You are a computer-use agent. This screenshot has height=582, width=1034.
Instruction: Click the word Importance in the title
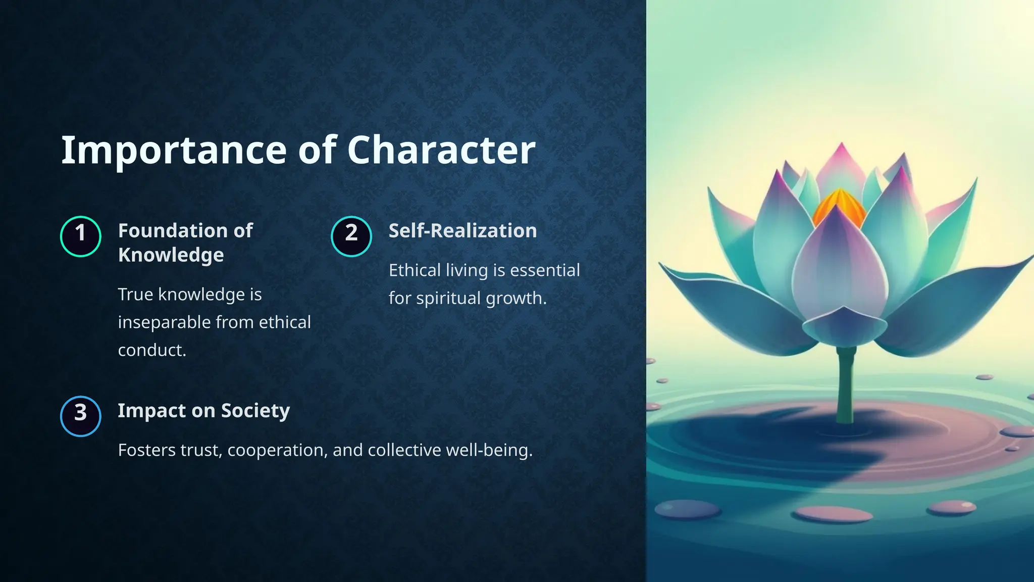(x=174, y=150)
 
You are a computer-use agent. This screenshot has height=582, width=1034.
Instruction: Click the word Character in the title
(x=441, y=150)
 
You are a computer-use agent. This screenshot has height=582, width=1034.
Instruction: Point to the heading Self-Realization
(x=462, y=231)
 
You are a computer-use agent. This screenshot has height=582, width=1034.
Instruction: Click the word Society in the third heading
(x=255, y=411)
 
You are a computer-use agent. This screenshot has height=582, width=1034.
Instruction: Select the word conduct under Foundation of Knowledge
(x=151, y=350)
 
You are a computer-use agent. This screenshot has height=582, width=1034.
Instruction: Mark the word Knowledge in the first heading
(x=171, y=255)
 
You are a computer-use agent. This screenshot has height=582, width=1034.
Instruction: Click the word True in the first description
(x=135, y=295)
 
